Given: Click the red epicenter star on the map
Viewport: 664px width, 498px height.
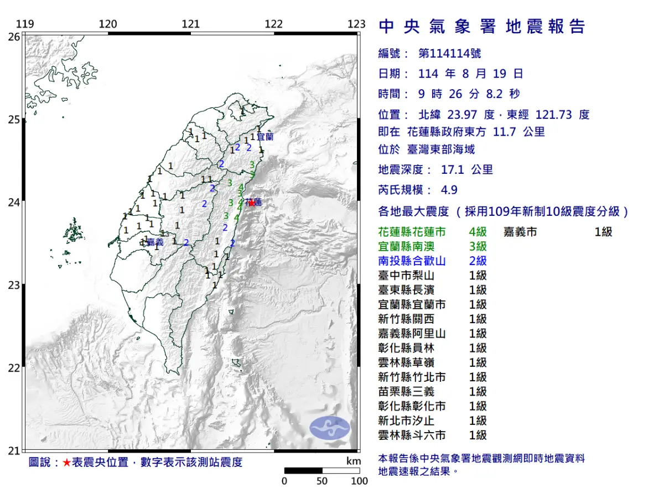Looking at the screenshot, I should pos(252,203).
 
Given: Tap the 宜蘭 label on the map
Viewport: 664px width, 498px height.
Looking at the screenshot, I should pos(264,136).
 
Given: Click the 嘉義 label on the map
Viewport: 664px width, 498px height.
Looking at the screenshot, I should pos(154,242).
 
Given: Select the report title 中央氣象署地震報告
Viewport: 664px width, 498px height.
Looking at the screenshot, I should pos(481,27).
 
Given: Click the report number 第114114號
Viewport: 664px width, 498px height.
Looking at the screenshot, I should pos(449,53).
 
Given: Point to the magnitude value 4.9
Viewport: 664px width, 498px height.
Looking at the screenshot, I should pos(449,190).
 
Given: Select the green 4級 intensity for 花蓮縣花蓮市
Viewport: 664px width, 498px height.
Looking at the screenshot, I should pos(478,232).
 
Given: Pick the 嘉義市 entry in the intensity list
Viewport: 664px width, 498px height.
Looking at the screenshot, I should pos(520,232).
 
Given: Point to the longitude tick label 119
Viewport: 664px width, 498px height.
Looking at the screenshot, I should pos(25,24).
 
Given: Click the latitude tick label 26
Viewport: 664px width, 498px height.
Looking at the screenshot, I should pos(14,37).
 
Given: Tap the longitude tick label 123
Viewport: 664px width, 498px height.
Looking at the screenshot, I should pos(357,24).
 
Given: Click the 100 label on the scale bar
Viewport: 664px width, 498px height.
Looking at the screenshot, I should pos(359,481).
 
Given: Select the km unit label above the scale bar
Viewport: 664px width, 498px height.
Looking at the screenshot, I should pos(353,461).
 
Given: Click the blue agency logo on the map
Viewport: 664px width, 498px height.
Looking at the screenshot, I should pos(330,428).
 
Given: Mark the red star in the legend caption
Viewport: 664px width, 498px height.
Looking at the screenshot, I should pos(66,463).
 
